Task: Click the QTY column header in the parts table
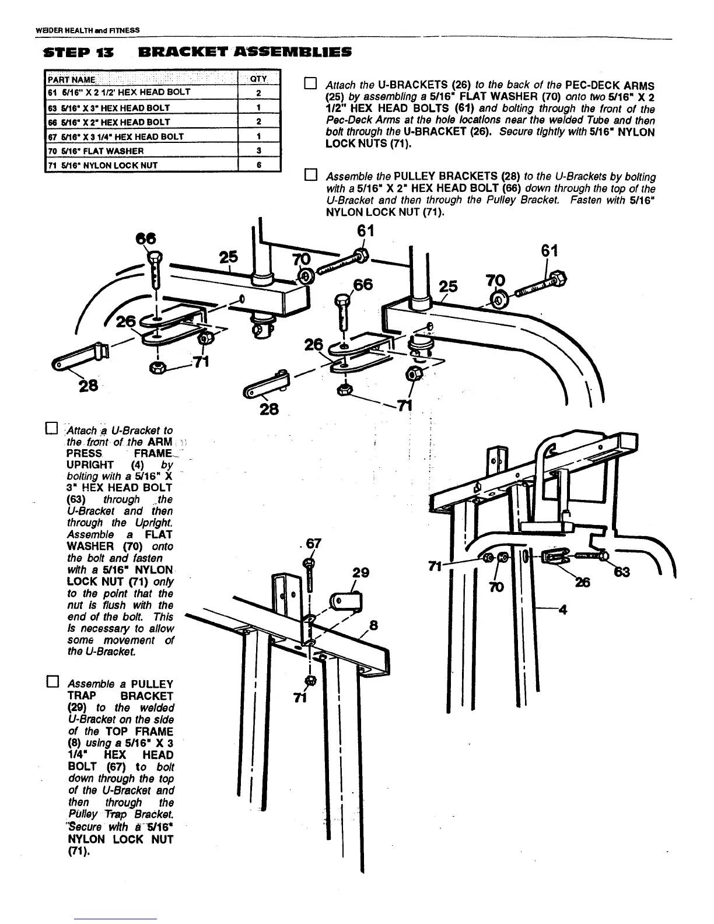(258, 79)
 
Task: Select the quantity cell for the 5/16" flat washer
(258, 150)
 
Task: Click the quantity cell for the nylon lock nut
(258, 165)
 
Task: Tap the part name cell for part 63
(142, 108)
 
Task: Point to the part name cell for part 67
(142, 136)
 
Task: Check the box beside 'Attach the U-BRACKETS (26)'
(310, 84)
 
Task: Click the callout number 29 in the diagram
(360, 572)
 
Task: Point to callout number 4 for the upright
(562, 610)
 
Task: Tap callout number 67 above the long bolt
(313, 544)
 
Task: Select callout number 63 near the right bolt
(622, 572)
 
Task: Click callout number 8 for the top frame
(374, 626)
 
